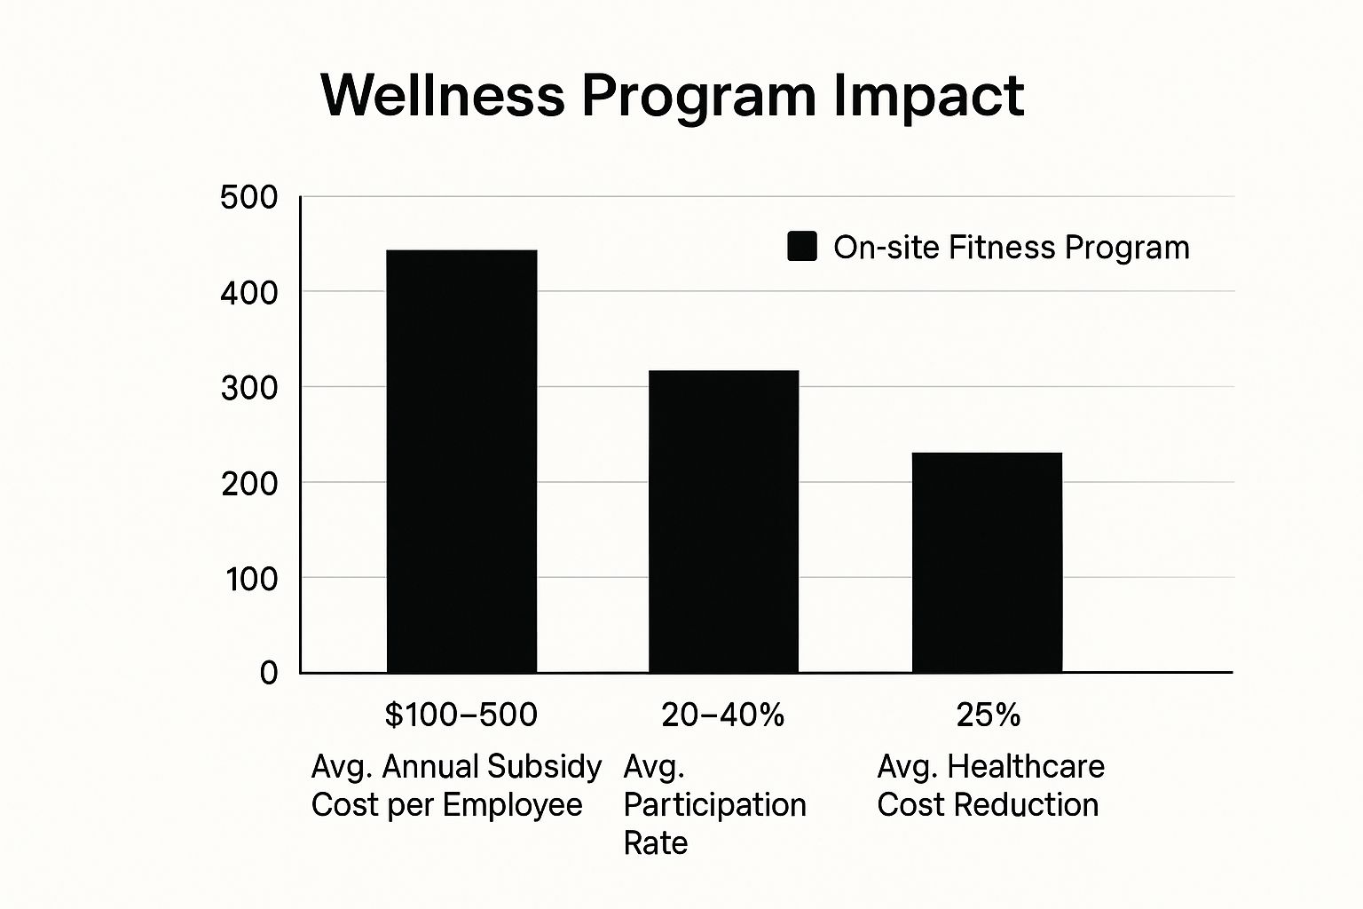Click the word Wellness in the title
pyautogui.click(x=442, y=94)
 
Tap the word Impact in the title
pyautogui.click(x=928, y=96)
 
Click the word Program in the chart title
pyautogui.click(x=698, y=96)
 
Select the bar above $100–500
pyautogui.click(x=461, y=461)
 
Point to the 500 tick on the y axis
pyautogui.click(x=248, y=197)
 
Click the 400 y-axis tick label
pyautogui.click(x=248, y=292)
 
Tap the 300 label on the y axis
pyautogui.click(x=248, y=388)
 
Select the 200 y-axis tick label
pyautogui.click(x=248, y=483)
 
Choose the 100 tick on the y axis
pyautogui.click(x=250, y=579)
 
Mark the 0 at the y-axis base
pyautogui.click(x=268, y=673)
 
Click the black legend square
pyautogui.click(x=802, y=247)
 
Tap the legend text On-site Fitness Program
pyautogui.click(x=1011, y=247)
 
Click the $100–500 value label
pyautogui.click(x=461, y=715)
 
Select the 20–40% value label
pyautogui.click(x=722, y=715)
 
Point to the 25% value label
pyautogui.click(x=988, y=715)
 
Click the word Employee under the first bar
pyautogui.click(x=512, y=805)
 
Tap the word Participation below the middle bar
pyautogui.click(x=714, y=805)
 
